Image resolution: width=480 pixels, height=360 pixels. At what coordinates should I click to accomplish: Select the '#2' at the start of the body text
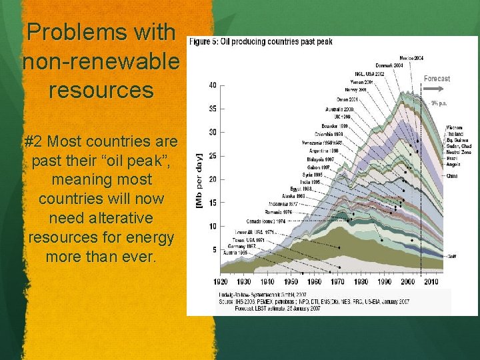34,142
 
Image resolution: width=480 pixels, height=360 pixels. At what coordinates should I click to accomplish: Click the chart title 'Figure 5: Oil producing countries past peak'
261,41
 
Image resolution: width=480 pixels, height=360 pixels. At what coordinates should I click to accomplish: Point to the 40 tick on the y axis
211,85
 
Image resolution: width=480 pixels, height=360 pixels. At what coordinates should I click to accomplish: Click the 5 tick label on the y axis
213,250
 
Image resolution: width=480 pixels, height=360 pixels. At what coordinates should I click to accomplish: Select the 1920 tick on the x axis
221,282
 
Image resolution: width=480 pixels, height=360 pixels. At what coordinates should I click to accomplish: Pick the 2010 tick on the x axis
431,282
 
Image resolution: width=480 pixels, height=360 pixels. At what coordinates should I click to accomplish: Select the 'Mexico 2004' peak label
411,58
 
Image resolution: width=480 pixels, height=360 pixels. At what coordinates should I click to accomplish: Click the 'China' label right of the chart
452,176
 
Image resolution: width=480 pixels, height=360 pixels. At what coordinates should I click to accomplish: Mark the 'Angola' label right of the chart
454,164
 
